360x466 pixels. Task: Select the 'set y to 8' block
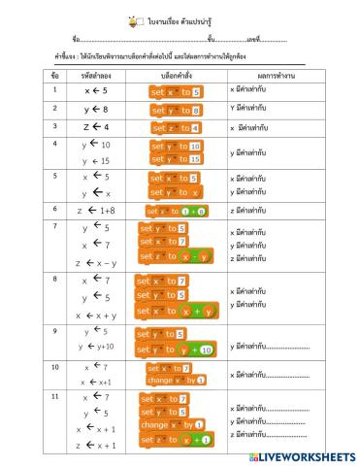pos(176,110)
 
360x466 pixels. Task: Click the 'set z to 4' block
pos(176,127)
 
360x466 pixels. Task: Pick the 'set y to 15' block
pos(176,158)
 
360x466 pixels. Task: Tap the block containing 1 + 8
pos(176,210)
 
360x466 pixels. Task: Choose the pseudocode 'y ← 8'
pos(95,110)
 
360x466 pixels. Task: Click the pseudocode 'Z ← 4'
pos(95,127)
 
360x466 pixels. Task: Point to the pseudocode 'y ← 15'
pos(95,160)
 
